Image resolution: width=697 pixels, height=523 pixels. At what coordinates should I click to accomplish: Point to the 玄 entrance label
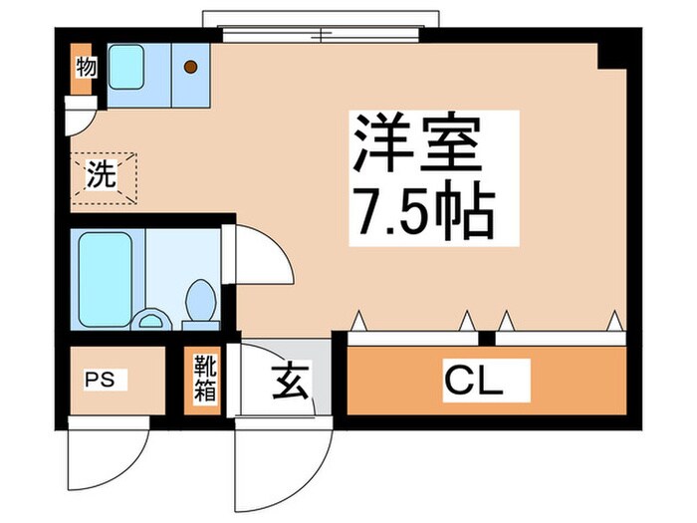288,380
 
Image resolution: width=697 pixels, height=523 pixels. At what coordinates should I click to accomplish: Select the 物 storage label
86,68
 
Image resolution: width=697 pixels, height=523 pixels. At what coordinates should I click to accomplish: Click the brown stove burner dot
190,67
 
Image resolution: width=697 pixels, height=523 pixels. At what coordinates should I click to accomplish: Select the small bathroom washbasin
151,320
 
